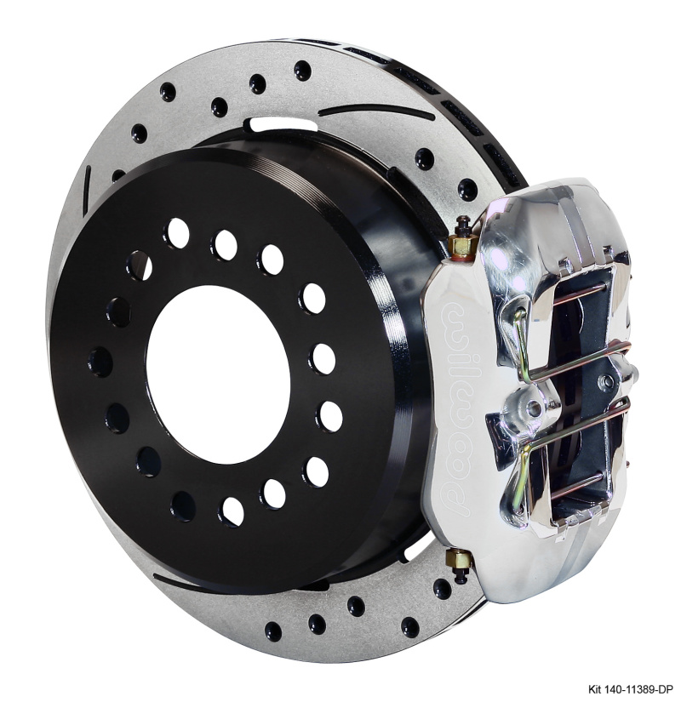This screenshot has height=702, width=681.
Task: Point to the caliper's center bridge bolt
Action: point(534,408)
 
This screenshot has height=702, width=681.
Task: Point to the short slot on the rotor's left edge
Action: point(87,183)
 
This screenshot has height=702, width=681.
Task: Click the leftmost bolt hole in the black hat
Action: point(100,362)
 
